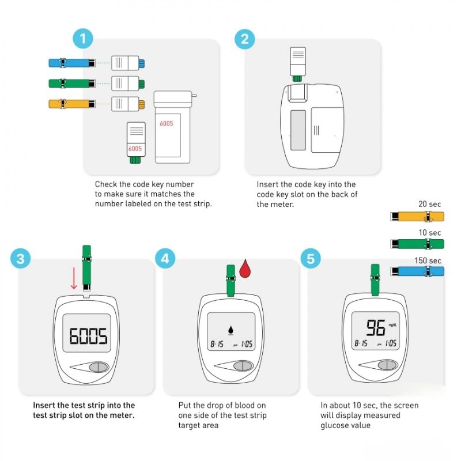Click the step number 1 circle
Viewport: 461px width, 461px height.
pos(83,39)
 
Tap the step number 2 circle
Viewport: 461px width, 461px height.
pos(244,39)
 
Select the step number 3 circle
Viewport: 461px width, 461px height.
pos(20,259)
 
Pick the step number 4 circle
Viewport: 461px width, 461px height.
pos(165,258)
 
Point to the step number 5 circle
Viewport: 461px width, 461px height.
pos(311,259)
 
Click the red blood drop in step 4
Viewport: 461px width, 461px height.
pos(245,269)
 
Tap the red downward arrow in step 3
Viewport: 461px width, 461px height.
pos(74,278)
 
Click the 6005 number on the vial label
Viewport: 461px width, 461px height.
pos(167,123)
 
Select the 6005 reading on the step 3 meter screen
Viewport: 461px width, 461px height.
pos(88,336)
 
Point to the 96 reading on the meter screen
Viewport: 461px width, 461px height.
pos(376,327)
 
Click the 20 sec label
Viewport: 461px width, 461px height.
pos(429,204)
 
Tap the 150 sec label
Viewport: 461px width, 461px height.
pos(428,260)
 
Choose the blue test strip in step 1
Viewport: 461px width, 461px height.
pos(72,63)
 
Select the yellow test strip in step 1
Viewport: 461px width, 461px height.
pos(72,104)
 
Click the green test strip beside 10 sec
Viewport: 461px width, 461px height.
pos(417,244)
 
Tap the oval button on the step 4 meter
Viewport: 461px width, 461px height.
pos(243,366)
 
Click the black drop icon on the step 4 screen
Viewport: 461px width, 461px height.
pos(231,330)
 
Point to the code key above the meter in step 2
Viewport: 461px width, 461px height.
pos(298,64)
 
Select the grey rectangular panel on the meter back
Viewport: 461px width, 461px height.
pos(298,130)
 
